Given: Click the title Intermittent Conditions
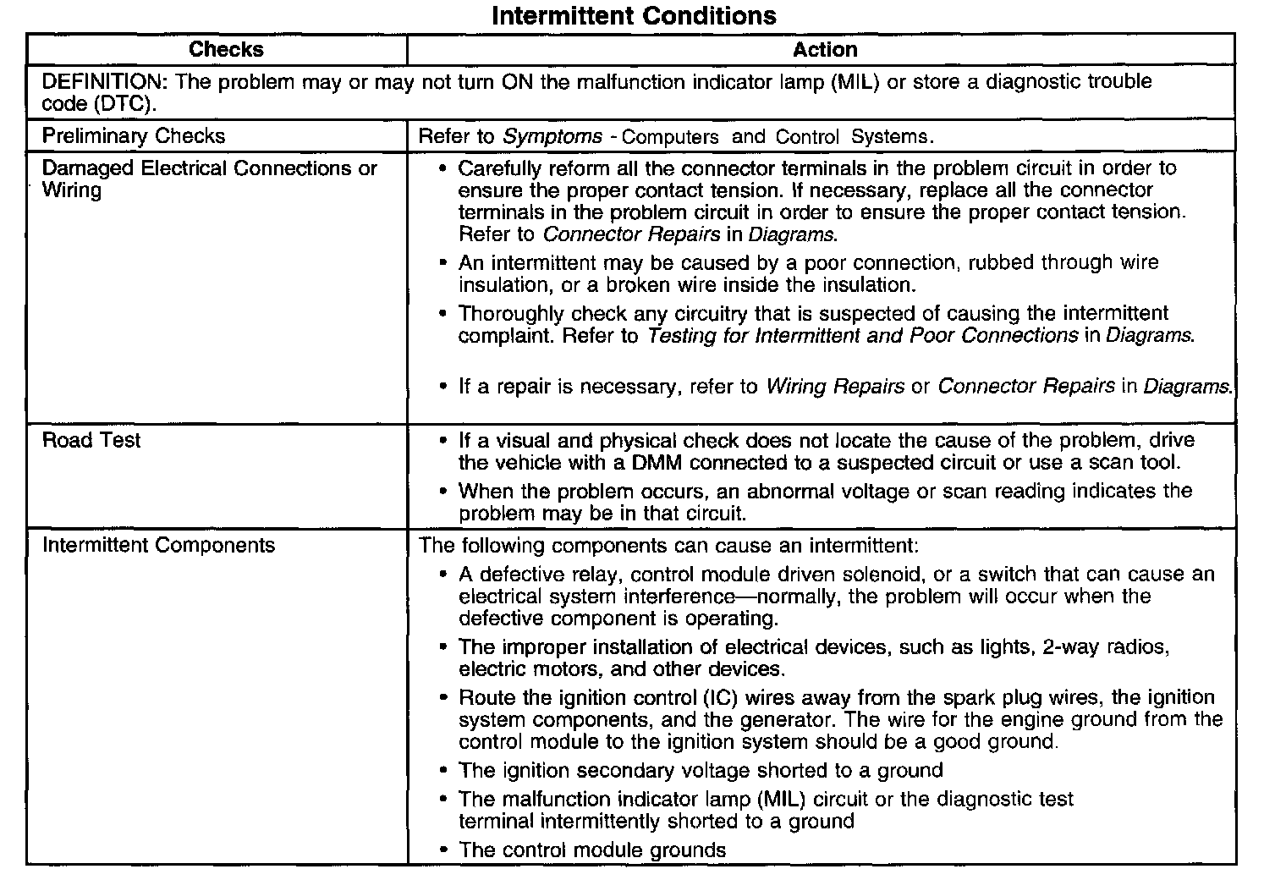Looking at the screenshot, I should pos(634,16).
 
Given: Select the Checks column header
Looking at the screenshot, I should pos(226,50).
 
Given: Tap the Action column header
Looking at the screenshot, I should pos(825,50).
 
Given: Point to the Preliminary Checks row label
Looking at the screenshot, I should pos(134,136).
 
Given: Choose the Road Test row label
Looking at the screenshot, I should pos(91,440).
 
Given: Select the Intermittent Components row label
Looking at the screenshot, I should pos(158,545).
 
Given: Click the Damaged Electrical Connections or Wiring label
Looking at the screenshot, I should pos(209,179).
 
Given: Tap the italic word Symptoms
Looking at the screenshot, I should pos(552,136).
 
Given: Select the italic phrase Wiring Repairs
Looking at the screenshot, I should pos(835,387).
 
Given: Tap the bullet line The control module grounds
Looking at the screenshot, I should pos(592,850).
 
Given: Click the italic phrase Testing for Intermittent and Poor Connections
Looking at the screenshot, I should pos(863,336).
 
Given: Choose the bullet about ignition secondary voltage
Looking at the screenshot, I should pos(701,771).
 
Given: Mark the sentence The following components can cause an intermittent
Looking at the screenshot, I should pos(668,545).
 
